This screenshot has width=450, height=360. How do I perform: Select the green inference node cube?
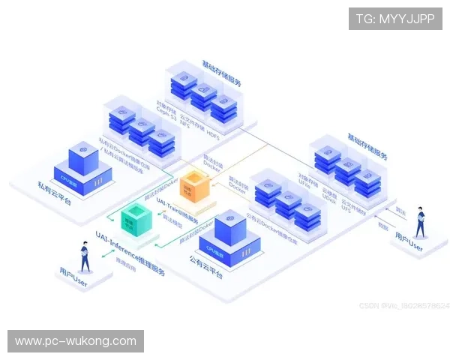point(138,219)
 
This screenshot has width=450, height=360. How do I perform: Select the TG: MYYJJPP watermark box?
point(395,18)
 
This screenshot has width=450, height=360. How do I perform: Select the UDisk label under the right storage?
point(328,193)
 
